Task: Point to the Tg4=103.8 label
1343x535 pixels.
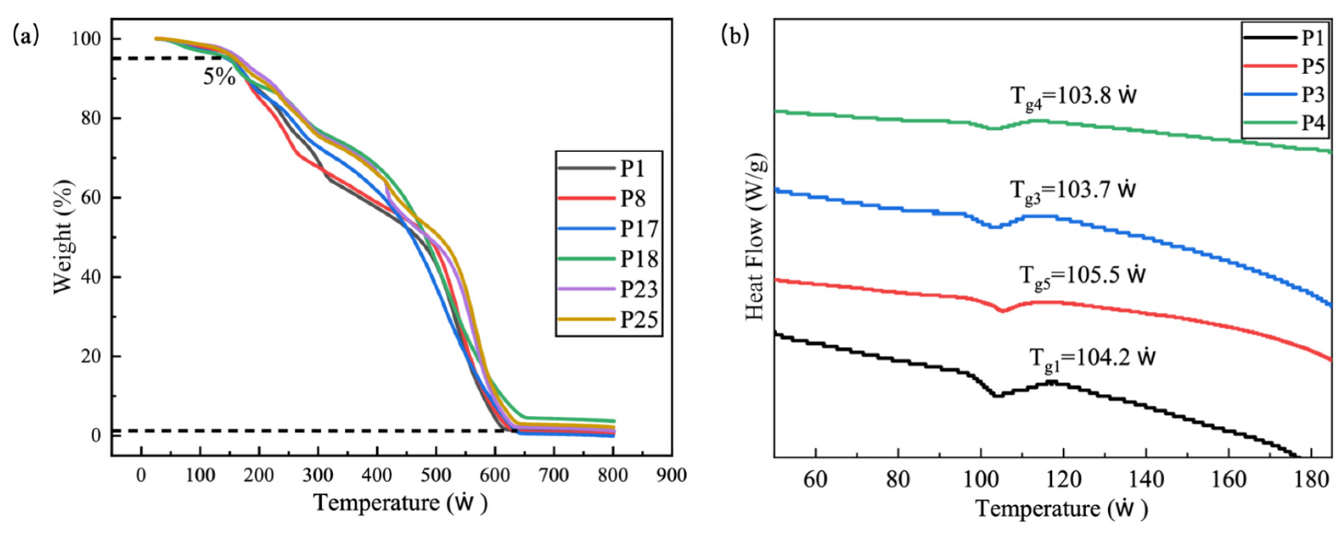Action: tap(1073, 98)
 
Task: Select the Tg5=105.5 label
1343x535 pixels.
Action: tap(1082, 276)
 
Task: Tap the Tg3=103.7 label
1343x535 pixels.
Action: tap(1073, 191)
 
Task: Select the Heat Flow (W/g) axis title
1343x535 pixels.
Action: tap(756, 237)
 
